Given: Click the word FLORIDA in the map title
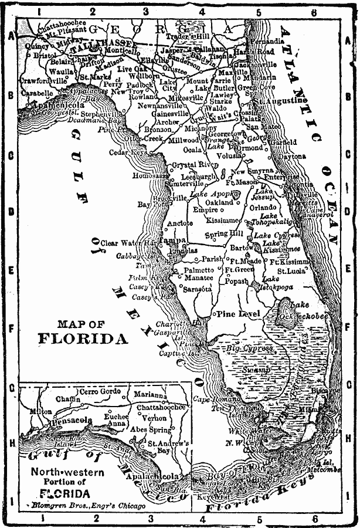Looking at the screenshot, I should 83,339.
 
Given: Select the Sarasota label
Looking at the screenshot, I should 197,289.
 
